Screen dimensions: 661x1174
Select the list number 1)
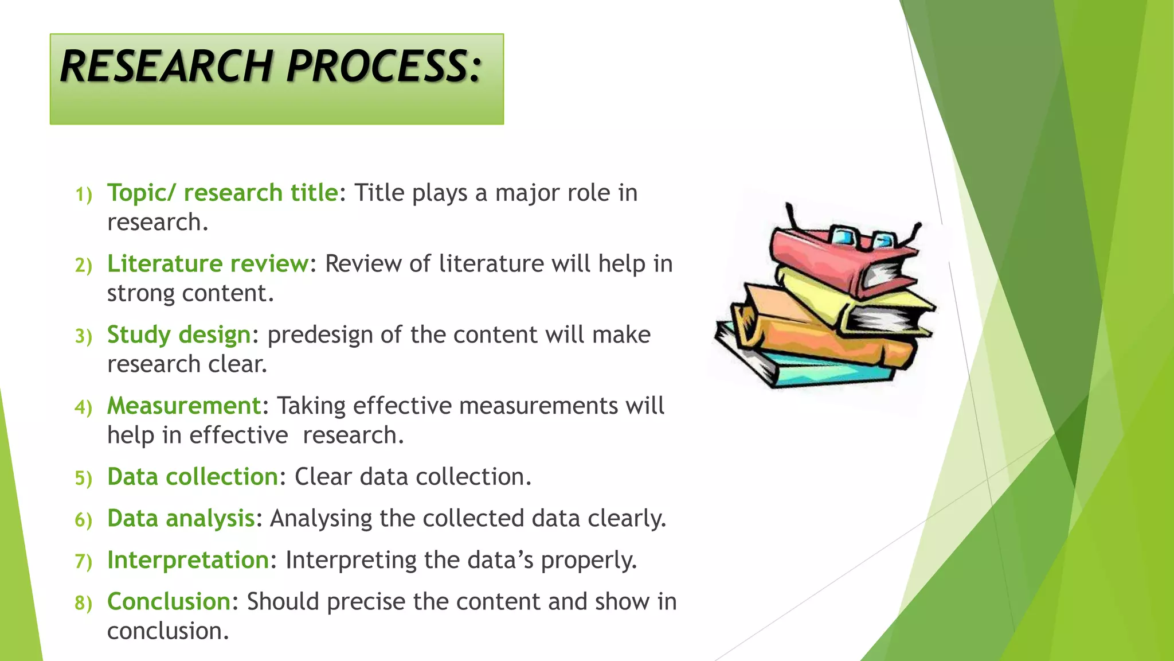84,195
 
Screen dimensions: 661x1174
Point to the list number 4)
84,408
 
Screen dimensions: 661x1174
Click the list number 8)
84,604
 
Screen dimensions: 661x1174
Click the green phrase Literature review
208,264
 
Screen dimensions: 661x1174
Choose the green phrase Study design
179,335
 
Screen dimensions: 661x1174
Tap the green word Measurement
184,406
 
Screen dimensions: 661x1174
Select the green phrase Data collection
193,477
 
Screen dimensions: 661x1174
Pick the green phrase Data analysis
181,519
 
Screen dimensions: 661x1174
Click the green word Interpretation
188,561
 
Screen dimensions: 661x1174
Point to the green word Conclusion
169,602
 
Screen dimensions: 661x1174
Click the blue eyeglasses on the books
860,238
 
